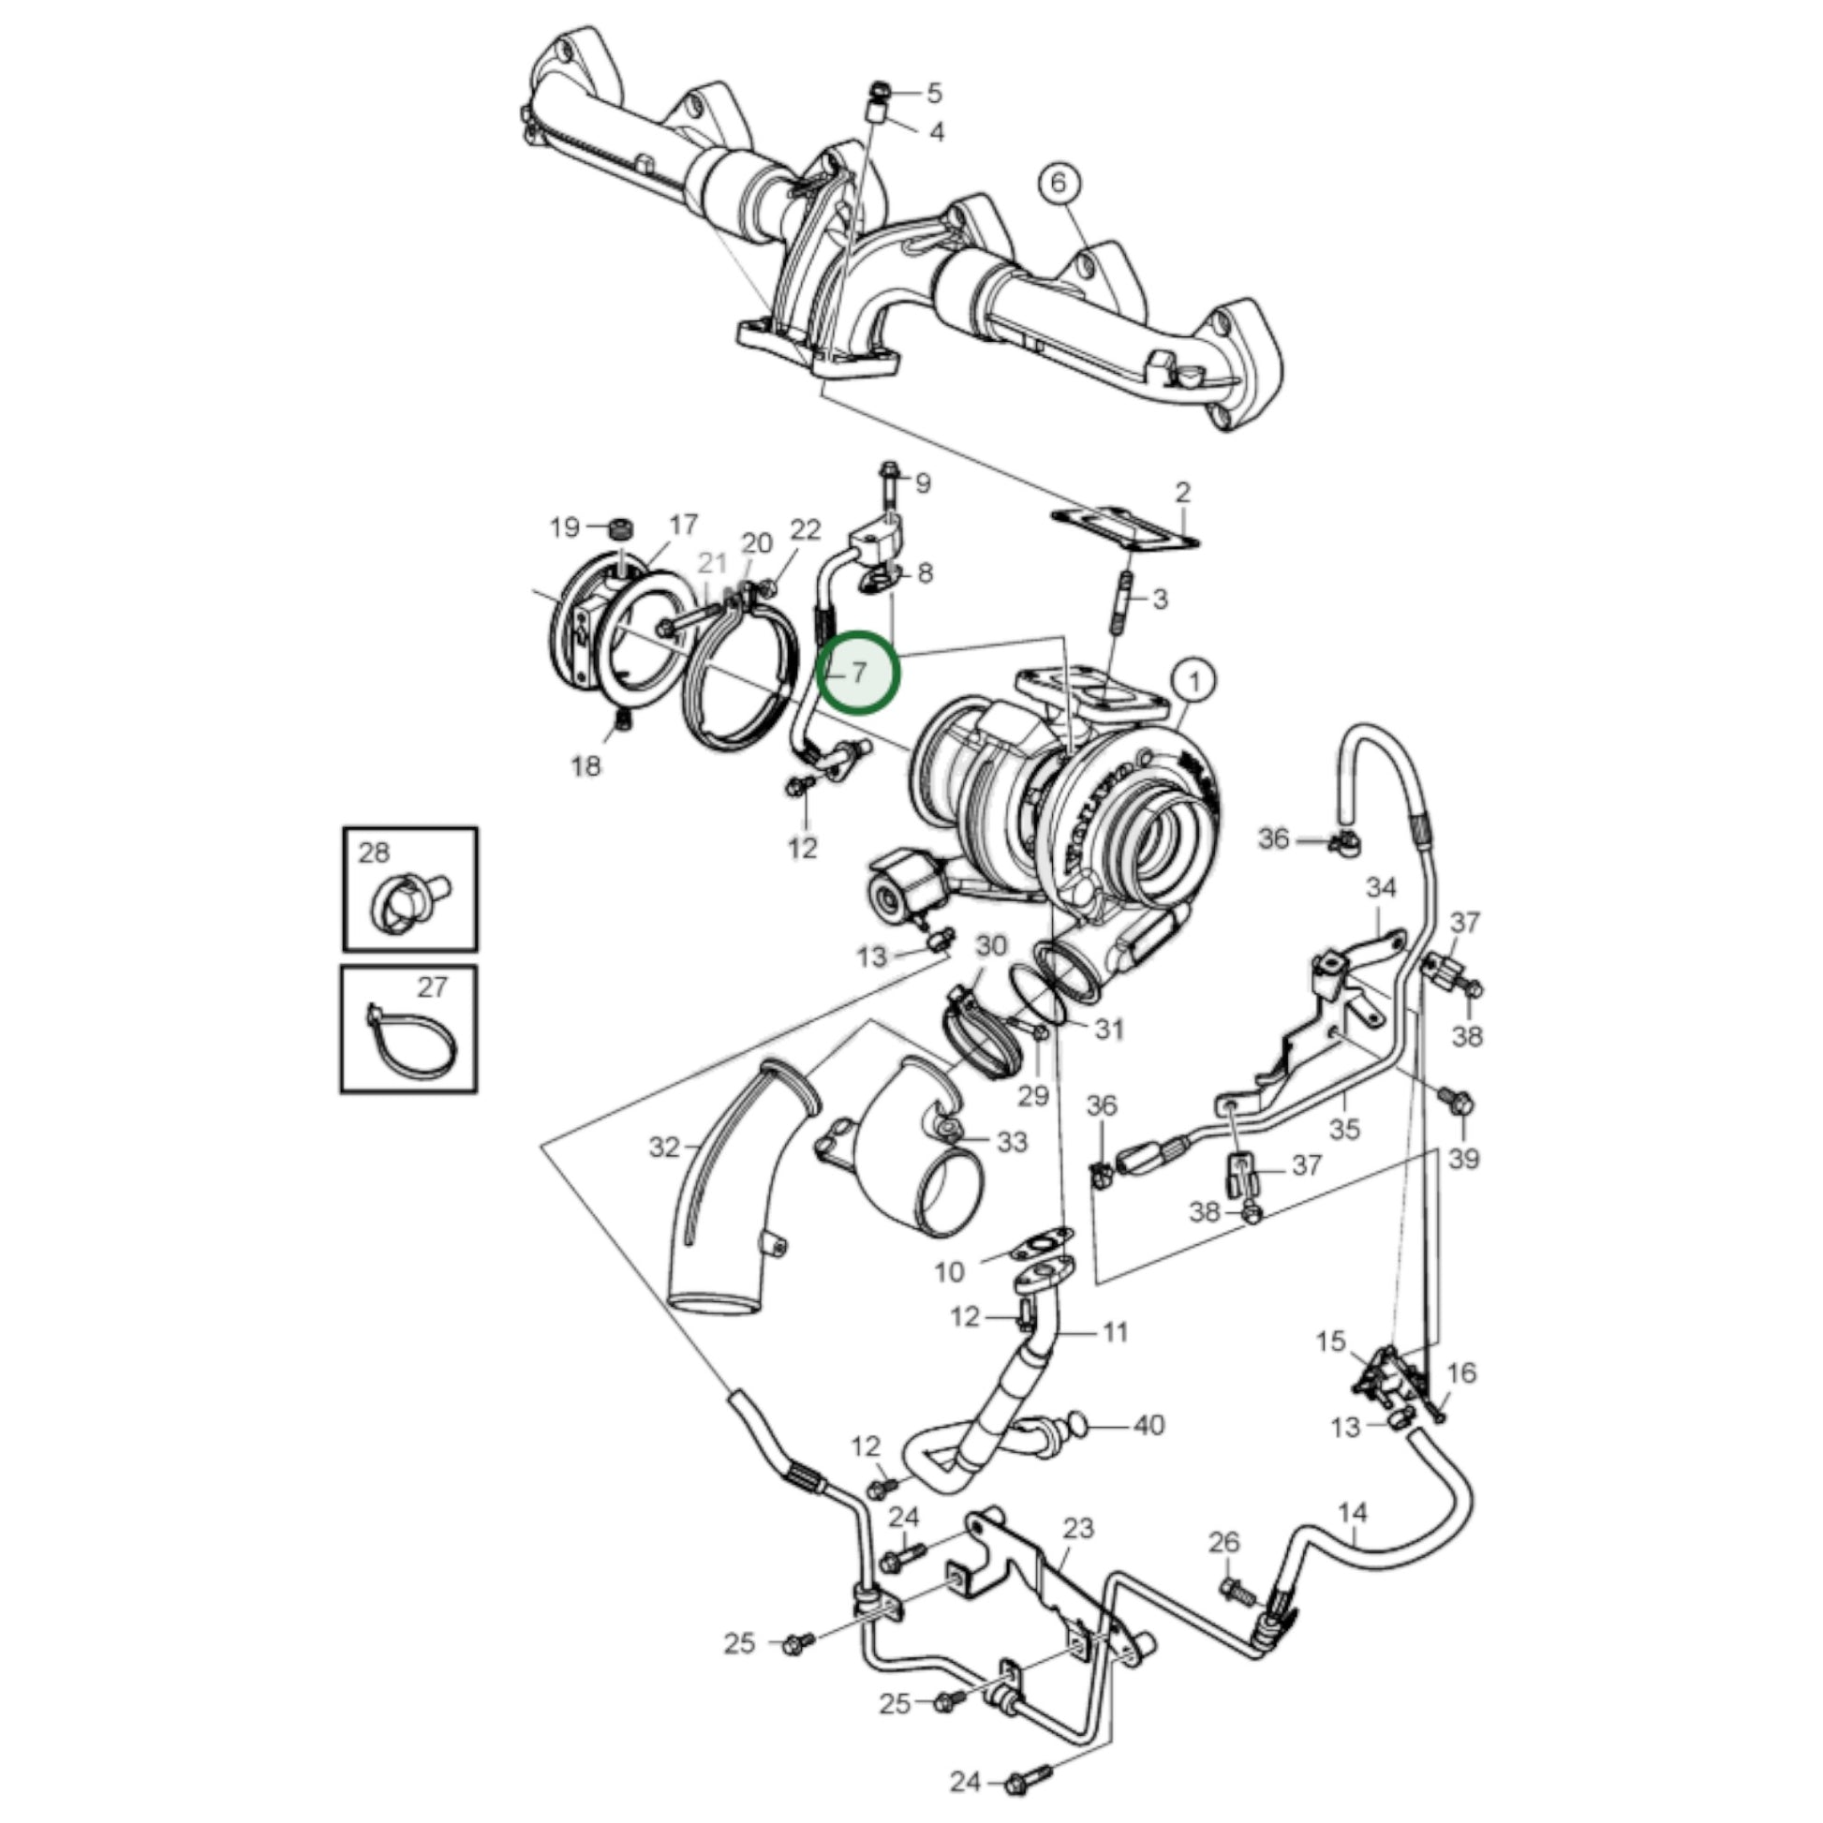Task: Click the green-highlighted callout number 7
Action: tap(859, 673)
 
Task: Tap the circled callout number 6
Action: tap(1058, 182)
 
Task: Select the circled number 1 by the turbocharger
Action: tap(1194, 681)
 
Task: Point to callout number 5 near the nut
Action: tap(934, 94)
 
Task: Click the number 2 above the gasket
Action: tap(1183, 492)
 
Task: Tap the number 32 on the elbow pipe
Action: tap(664, 1147)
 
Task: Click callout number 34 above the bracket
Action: tap(1382, 888)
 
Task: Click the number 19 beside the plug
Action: tap(564, 526)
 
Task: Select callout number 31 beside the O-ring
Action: tap(1109, 1029)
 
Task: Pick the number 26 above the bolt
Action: tap(1223, 1543)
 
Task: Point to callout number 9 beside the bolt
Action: tap(923, 483)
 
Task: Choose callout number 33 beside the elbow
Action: tap(1012, 1142)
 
